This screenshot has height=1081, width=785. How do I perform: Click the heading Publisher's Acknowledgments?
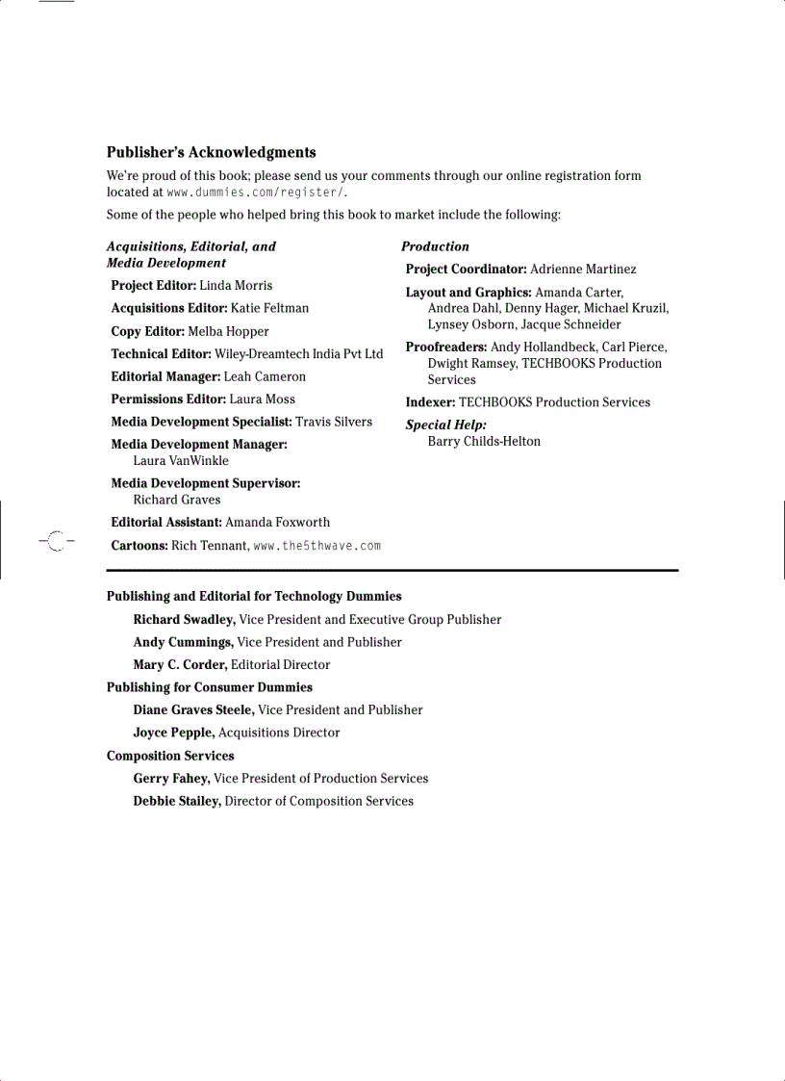211,152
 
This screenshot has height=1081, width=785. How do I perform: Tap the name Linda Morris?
236,286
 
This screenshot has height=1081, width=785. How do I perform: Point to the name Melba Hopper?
228,331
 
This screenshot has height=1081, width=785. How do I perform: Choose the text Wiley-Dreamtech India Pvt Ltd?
298,354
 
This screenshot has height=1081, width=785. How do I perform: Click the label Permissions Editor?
168,399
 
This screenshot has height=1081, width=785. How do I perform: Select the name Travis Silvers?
334,422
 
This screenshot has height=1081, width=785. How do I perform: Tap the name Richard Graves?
177,500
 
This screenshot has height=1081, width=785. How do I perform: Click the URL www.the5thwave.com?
317,546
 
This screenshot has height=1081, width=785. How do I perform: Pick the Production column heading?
435,246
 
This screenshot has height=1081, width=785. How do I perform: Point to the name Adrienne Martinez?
583,270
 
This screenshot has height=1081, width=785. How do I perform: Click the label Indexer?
430,402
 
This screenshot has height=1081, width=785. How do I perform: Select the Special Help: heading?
445,425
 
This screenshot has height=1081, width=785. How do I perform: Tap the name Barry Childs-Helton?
484,442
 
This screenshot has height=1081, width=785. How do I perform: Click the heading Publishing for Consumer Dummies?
209,687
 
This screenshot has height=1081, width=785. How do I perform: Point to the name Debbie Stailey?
177,801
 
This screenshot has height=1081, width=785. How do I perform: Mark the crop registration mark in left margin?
56,542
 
